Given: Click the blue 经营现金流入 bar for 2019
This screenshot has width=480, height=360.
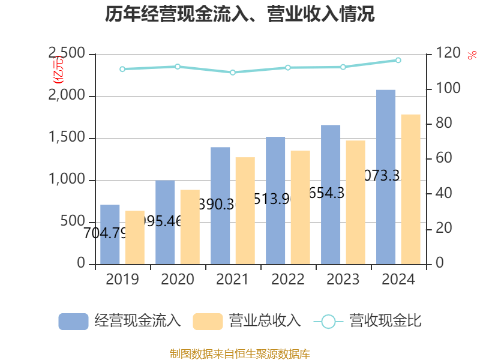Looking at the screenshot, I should [110, 235].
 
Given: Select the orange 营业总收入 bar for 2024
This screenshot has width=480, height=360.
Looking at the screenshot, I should [411, 189].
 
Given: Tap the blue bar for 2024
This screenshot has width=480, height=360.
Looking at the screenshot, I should [386, 177].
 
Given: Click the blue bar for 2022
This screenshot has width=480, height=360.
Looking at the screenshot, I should [275, 200].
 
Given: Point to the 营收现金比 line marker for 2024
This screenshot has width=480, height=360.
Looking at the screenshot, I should [398, 60].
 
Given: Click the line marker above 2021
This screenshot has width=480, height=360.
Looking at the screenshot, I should [233, 73].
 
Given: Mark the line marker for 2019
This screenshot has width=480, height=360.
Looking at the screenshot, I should [122, 69].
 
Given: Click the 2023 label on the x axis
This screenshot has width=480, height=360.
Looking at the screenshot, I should [342, 280].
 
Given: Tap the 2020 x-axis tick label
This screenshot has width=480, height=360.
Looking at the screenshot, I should [178, 280].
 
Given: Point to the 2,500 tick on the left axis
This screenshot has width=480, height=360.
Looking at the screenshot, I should [68, 55].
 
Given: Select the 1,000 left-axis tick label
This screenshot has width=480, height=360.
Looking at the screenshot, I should [68, 180].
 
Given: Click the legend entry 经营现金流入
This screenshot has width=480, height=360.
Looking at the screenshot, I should [119, 322].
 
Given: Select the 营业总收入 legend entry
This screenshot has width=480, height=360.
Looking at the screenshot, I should [247, 322].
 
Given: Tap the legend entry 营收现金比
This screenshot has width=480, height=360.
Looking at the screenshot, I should [367, 322].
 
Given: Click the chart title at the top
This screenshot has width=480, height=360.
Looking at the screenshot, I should [240, 14].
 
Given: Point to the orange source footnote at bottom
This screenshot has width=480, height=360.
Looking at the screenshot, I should [240, 353].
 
